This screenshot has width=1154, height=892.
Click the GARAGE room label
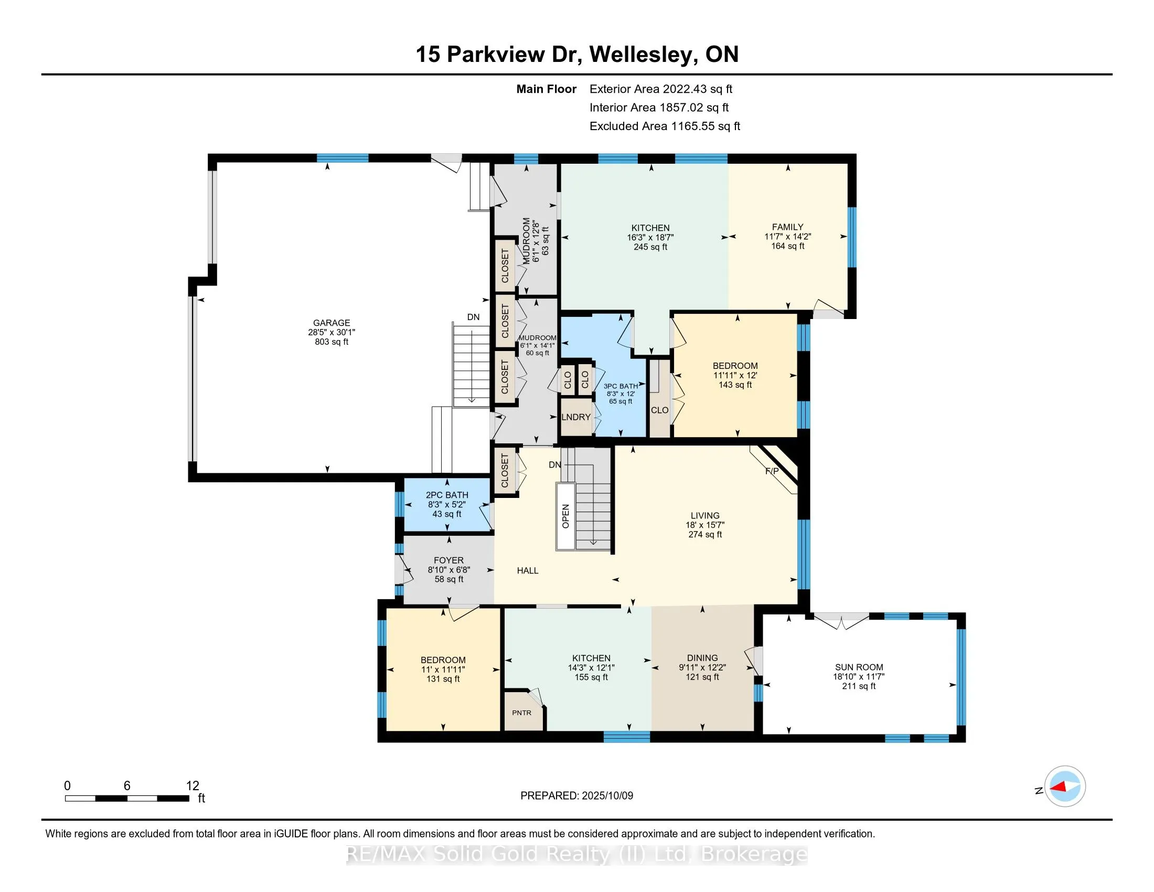(332, 323)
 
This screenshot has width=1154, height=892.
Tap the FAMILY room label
(787, 227)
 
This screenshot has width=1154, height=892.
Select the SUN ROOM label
(859, 667)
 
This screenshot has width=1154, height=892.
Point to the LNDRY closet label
(576, 417)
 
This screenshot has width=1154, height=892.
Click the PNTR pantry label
(521, 713)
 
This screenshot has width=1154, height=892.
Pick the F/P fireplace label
(772, 471)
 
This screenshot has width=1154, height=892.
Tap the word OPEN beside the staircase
(566, 516)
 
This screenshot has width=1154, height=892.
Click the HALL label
(527, 570)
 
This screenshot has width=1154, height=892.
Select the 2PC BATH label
(447, 495)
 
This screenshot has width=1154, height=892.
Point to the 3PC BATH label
(621, 386)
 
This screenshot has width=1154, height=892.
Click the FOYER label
(448, 560)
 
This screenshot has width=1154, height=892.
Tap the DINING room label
(702, 658)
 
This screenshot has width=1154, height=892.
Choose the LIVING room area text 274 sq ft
(705, 534)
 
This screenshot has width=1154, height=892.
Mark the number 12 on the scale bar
(193, 786)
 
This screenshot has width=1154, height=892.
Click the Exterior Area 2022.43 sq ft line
(661, 89)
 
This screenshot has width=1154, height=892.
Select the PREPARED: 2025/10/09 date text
(576, 796)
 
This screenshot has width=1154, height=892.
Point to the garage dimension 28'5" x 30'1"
(332, 332)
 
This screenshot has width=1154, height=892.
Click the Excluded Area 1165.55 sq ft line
(665, 126)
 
